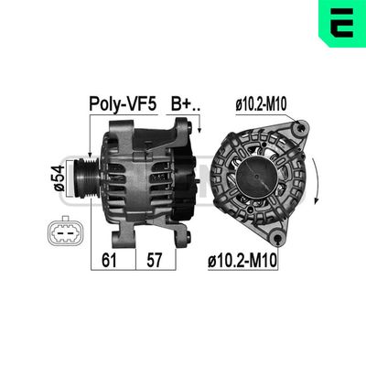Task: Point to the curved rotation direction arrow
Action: tap(315, 183)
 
